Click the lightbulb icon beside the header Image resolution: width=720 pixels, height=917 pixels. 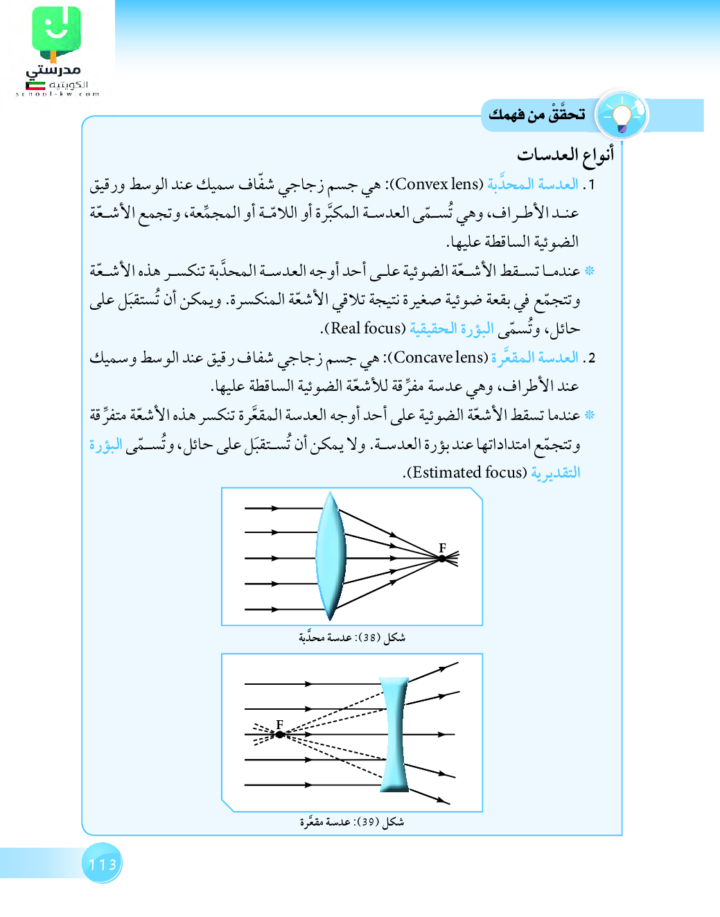622,115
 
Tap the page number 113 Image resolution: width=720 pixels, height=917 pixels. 103,864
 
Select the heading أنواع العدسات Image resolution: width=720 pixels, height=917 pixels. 565,155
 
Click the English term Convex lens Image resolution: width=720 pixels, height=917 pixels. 438,184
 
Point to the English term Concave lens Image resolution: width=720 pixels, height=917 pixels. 441,358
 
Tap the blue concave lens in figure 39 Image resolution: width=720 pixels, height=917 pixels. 394,734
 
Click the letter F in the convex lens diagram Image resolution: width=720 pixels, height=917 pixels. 442,548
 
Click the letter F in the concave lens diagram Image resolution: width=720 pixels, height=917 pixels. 279,724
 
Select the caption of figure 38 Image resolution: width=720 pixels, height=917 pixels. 352,638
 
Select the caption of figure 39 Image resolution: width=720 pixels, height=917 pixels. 352,822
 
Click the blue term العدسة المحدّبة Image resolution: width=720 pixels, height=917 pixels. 533,184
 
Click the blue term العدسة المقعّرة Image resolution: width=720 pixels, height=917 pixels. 535,358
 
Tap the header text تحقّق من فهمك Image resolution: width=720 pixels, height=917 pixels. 537,114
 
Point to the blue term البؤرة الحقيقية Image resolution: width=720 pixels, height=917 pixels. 452,329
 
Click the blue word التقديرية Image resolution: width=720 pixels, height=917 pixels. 556,473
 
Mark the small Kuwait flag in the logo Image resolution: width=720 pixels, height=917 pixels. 35,86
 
